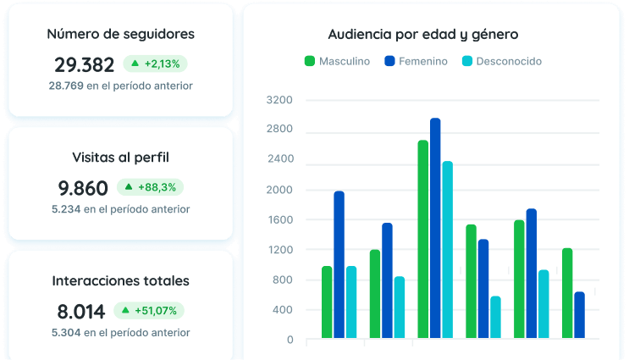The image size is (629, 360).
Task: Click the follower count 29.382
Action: point(85,64)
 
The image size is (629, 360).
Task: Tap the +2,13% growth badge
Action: point(155,64)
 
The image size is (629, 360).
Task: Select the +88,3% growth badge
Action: point(150,187)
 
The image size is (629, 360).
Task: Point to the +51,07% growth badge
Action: point(149,311)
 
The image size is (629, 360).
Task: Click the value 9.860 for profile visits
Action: point(83,188)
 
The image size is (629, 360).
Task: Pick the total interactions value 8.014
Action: point(81,312)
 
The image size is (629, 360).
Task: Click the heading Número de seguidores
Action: point(121,34)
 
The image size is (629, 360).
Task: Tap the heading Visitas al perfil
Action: point(121,158)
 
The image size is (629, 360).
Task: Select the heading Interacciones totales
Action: point(121,280)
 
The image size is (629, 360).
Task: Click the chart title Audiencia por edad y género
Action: point(423,35)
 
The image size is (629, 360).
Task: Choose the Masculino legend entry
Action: point(337,61)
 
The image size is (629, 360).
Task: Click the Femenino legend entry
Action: point(416,61)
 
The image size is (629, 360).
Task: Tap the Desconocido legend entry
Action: point(502,61)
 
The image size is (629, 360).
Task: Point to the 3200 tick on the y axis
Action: point(279,100)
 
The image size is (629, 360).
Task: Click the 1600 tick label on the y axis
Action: point(279,219)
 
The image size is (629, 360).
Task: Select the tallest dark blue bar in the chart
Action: point(435,228)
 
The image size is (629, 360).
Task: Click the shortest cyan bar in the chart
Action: point(495,317)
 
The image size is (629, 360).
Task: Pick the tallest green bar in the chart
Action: point(422,239)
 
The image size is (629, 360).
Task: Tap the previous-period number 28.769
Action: point(66,86)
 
